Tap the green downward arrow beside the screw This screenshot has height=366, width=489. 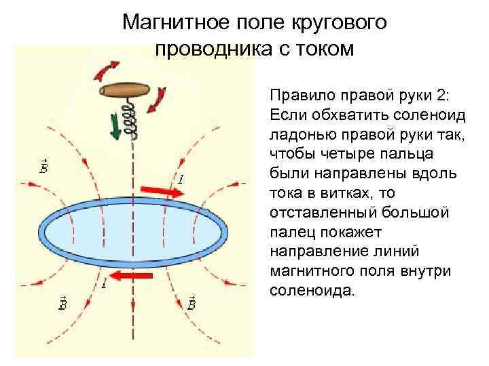115,125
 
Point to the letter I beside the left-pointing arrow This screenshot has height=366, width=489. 103,283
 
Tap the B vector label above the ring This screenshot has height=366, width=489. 42,165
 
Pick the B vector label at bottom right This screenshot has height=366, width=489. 192,303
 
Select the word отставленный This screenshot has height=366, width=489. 323,212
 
